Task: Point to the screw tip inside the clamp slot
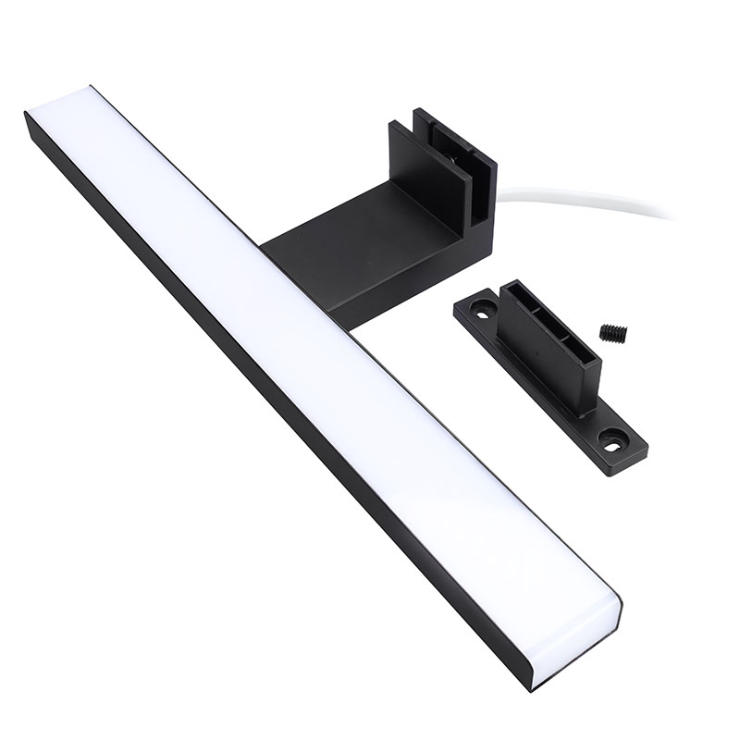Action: click(x=460, y=176)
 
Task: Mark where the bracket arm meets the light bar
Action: click(x=277, y=250)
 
